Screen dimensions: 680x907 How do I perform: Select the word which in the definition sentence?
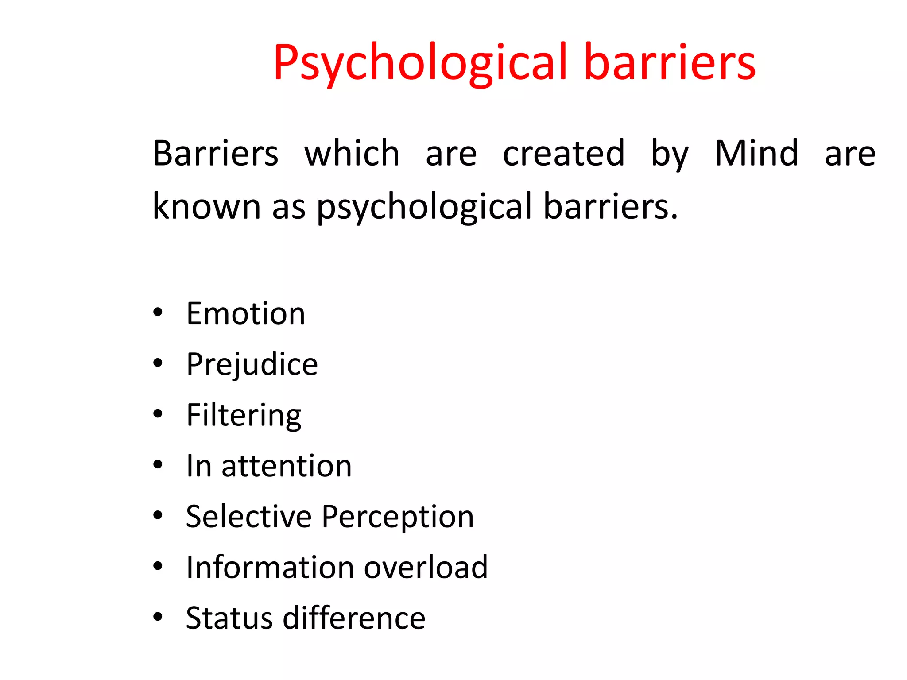pyautogui.click(x=352, y=153)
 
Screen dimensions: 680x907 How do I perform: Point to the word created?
pyautogui.click(x=563, y=153)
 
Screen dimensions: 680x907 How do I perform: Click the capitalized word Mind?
pyautogui.click(x=756, y=153)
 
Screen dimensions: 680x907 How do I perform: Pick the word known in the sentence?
pyautogui.click(x=206, y=206)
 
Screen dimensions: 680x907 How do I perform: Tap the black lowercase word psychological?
pyautogui.click(x=424, y=207)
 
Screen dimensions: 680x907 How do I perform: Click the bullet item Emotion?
pyautogui.click(x=246, y=313)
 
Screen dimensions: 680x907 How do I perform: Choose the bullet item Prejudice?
pyautogui.click(x=252, y=364)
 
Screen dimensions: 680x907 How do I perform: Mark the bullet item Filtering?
pyautogui.click(x=244, y=415)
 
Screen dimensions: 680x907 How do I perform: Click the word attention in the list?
pyautogui.click(x=287, y=466)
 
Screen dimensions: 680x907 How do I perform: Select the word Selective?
pyautogui.click(x=248, y=516)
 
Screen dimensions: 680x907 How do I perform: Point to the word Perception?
pyautogui.click(x=398, y=517)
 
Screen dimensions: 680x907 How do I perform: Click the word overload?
pyautogui.click(x=426, y=567)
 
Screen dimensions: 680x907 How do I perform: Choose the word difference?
pyautogui.click(x=354, y=618)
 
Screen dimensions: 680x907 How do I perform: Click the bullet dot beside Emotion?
pyautogui.click(x=158, y=313)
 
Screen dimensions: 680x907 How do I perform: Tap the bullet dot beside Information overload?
pyautogui.click(x=158, y=566)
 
